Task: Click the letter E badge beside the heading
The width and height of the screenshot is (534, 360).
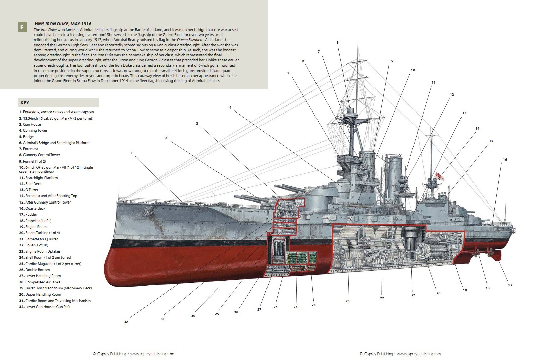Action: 22,27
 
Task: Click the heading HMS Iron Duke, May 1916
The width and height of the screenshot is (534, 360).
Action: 63,24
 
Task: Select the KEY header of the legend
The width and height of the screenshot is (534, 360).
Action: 25,103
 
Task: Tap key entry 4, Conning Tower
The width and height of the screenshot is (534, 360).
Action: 33,131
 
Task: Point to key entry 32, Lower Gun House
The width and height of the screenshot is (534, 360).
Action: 44,307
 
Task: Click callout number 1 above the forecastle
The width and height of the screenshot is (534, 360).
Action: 132,153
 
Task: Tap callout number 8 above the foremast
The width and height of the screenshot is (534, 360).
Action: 337,43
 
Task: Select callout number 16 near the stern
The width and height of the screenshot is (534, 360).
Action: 505,160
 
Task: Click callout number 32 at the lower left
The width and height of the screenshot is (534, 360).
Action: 126,322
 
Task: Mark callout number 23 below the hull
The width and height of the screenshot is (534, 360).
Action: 347,301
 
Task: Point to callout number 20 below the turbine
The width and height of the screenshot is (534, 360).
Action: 438,293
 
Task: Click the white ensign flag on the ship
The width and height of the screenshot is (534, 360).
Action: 439,176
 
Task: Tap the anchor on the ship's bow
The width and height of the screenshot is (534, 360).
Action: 148,211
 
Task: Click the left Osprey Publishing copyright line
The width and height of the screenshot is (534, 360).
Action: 133,354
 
